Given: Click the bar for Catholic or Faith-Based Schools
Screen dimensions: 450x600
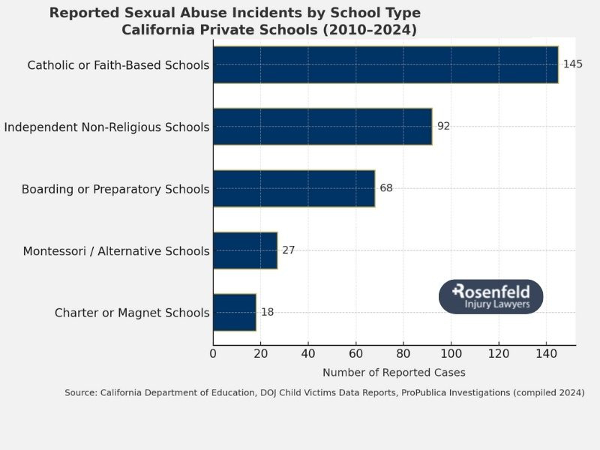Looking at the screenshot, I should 385,64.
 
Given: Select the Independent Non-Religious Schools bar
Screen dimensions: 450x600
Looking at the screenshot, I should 322,127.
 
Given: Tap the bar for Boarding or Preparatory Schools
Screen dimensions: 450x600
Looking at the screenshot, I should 294,188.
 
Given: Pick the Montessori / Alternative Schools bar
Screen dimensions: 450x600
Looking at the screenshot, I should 245,250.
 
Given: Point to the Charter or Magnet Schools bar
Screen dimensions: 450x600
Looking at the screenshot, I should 235,312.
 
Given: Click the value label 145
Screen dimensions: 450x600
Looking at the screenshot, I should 572,64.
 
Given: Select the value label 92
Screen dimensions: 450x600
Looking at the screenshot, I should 443,127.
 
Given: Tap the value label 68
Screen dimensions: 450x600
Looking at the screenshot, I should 386,188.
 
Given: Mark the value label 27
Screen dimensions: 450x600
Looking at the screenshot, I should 289,250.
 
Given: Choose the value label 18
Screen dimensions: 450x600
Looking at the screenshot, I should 267,312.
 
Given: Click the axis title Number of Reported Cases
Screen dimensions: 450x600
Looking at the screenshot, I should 394,373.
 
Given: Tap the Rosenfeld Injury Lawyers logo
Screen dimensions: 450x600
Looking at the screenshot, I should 490,296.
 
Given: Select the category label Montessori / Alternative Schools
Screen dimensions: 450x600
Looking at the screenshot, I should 116,250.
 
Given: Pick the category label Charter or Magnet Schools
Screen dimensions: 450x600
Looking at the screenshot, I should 132,313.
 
